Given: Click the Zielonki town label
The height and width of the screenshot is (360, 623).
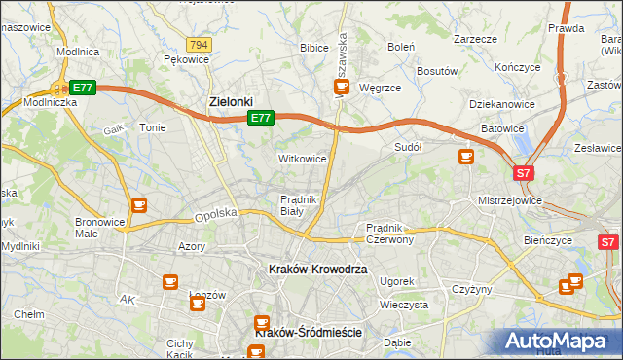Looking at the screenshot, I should [232, 100].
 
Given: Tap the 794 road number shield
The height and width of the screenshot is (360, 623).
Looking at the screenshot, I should [200, 45].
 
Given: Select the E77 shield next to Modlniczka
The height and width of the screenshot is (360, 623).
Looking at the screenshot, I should [83, 88].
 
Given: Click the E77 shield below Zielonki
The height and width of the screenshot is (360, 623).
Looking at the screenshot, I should [259, 118].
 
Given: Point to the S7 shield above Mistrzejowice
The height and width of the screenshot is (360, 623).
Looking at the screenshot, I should [524, 173].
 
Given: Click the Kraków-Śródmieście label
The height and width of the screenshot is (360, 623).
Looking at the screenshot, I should [308, 332].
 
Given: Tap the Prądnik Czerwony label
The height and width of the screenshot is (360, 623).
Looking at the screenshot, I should [390, 233].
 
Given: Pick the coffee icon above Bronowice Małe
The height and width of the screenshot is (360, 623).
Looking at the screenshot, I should [139, 204].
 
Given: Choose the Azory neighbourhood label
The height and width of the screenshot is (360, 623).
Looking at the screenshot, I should [192, 247].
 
